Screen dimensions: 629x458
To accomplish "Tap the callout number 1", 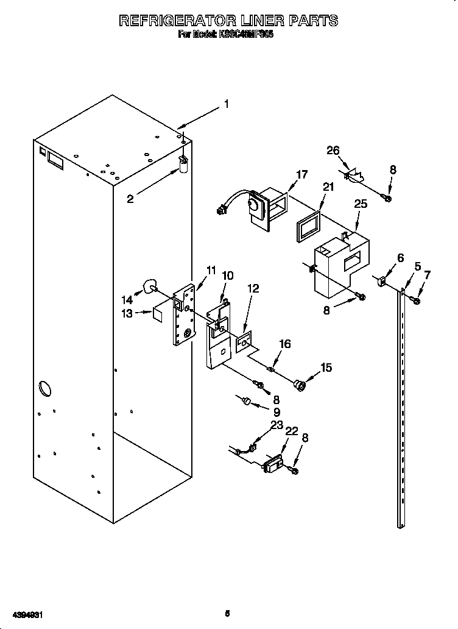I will tap(226, 104).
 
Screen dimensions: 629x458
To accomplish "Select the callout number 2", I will tap(130, 198).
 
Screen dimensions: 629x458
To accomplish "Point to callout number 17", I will tap(301, 175).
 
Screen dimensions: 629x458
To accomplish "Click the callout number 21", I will tap(329, 187).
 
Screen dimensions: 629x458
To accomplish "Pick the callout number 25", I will tap(361, 204).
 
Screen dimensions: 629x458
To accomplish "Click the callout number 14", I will tap(127, 299).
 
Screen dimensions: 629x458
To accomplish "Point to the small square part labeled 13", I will tap(158, 313).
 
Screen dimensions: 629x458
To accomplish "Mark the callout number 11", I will tap(211, 269).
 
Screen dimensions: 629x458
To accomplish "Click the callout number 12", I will tap(253, 288).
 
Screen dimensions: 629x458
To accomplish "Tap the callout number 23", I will tap(277, 425).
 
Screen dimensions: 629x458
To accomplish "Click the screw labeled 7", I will tap(417, 299).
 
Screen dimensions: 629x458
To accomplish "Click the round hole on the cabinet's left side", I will tap(44, 387).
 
